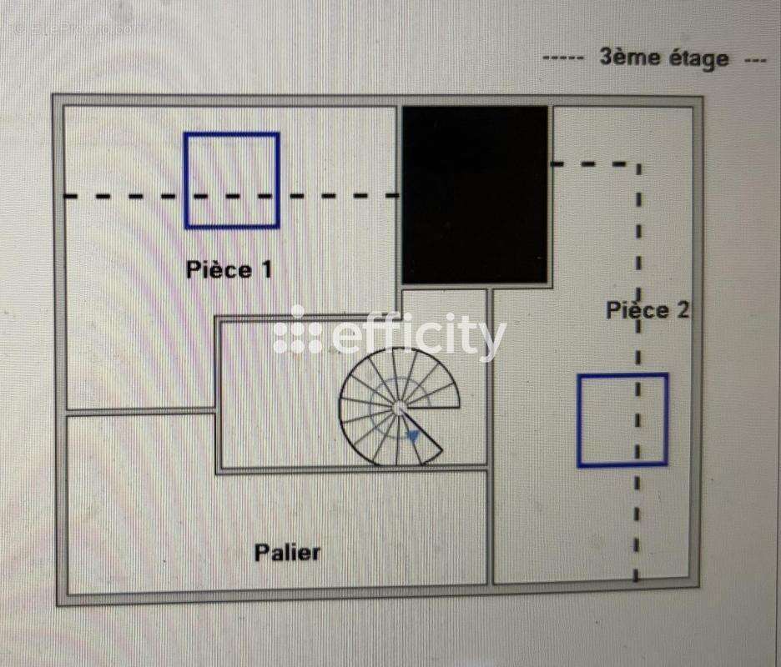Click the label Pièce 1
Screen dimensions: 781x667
point(229,270)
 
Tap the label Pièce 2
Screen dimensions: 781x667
point(647,310)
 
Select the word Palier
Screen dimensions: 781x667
point(287,553)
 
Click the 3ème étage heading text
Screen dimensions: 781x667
point(664,58)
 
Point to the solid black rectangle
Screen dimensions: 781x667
point(475,194)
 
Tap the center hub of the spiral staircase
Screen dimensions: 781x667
point(399,409)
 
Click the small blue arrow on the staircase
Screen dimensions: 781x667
point(412,437)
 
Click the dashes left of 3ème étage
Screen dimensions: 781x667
point(563,58)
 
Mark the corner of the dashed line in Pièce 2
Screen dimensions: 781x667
point(639,163)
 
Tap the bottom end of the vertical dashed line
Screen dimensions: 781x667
point(636,579)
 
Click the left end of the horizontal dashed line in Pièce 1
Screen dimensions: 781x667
point(67,196)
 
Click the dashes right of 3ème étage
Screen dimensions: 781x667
point(755,60)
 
